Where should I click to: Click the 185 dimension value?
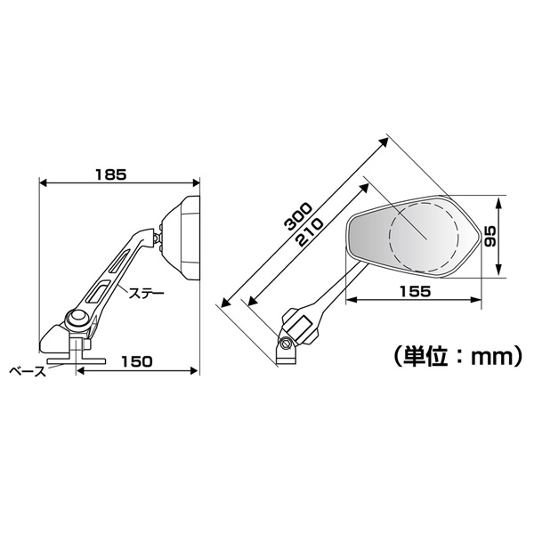110,174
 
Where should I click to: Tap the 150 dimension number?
136,361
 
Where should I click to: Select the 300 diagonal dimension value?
298,216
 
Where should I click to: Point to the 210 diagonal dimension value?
310,232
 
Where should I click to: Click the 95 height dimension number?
490,236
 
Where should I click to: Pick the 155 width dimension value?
415,292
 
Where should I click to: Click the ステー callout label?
146,294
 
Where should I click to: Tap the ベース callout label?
28,371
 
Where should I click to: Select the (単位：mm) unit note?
457,357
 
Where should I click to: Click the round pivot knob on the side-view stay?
77,319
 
